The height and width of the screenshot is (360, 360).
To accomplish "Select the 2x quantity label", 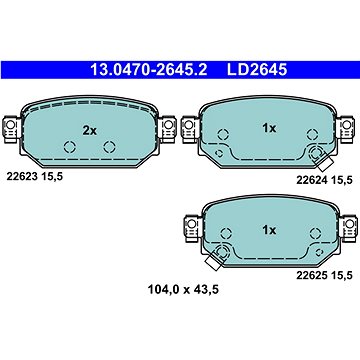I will (x=89, y=130).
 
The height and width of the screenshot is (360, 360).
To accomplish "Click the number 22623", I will (x=22, y=176).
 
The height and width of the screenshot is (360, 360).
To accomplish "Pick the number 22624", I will (x=311, y=179).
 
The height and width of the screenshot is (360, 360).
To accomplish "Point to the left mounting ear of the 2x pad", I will (x=14, y=129).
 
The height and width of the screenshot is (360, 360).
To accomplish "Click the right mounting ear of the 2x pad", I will (x=164, y=129).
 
